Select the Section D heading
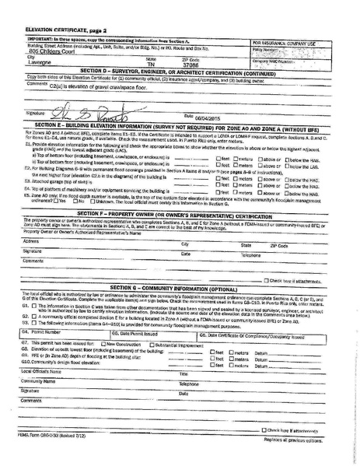(171, 71)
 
